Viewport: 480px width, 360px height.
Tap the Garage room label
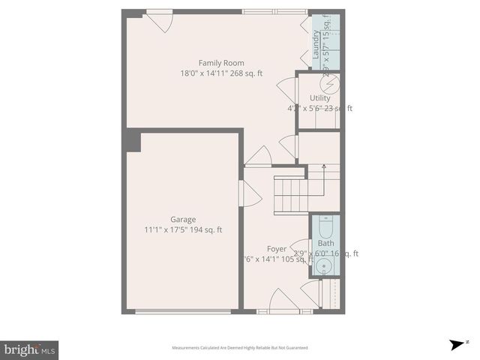183,220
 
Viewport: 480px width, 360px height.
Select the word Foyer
276,248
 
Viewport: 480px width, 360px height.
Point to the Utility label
319,98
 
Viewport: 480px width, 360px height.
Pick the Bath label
325,243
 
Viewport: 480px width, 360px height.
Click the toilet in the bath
325,228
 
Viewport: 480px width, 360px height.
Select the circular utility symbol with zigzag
331,82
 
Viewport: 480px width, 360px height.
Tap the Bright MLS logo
29,349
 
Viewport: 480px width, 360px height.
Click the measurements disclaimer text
239,348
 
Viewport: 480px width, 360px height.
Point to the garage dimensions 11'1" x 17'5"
183,230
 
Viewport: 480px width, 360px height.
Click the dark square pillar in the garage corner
133,141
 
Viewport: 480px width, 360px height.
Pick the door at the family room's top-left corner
158,20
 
